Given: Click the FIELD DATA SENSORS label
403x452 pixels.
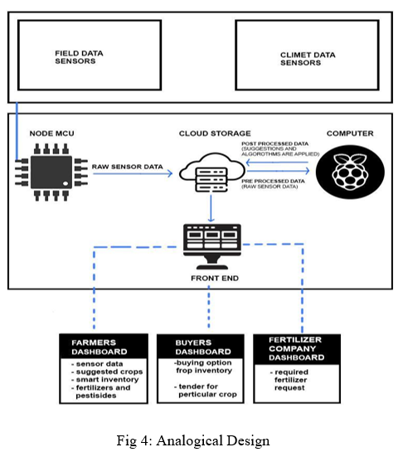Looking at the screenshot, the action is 79,57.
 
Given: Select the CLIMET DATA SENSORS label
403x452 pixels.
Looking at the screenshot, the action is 308,59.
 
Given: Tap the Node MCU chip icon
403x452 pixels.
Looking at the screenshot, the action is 51,173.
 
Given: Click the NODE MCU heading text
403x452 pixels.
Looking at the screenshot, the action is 52,134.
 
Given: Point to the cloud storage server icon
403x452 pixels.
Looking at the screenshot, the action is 212,173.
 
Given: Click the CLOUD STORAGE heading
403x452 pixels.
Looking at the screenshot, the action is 215,134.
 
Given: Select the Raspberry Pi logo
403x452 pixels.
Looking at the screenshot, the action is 350,173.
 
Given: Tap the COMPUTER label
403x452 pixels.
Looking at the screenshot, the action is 350,134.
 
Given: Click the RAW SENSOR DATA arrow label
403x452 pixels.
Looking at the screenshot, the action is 128,167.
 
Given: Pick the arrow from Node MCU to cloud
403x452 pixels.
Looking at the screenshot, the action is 133,173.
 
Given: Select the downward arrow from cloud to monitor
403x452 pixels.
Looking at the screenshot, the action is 211,208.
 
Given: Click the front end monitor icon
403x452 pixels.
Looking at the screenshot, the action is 212,246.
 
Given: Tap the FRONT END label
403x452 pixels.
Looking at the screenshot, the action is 215,278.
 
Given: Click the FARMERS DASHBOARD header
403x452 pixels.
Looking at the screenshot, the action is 100,347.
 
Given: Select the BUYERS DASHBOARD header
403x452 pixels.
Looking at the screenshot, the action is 203,347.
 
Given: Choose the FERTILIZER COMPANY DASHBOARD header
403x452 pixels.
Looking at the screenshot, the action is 297,348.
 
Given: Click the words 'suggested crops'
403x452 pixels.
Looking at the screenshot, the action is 109,372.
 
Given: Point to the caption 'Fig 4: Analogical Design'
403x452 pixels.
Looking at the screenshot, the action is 193,440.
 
